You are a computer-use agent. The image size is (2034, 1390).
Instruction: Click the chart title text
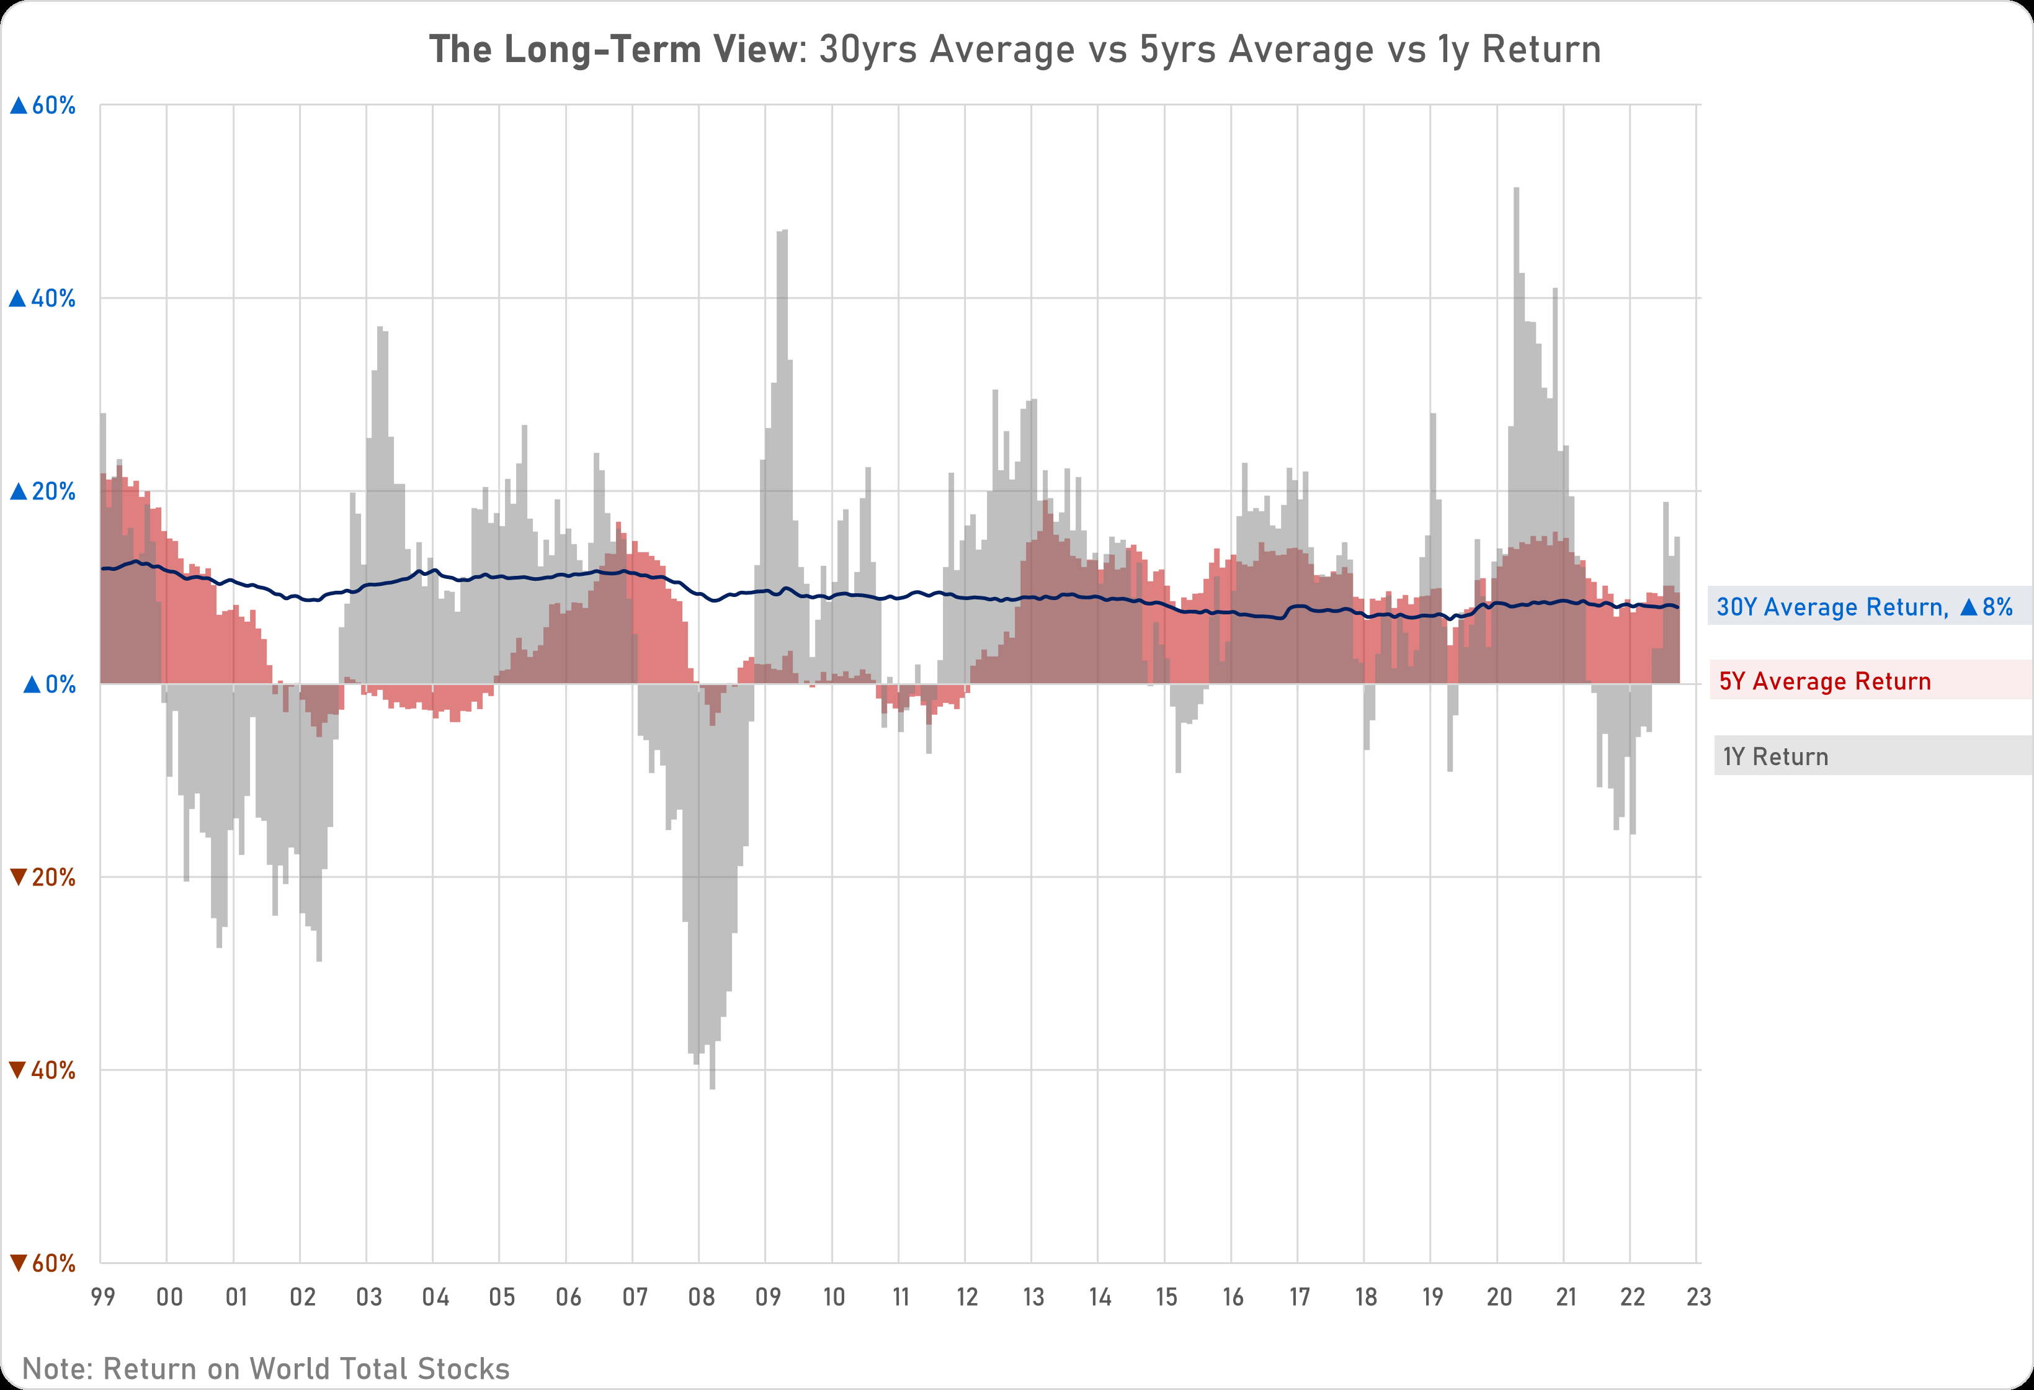tap(1015, 50)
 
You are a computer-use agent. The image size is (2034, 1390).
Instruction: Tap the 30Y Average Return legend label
tap(1864, 607)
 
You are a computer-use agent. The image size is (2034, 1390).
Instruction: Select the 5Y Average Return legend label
tap(1825, 681)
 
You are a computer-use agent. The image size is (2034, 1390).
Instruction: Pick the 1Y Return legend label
tap(1776, 756)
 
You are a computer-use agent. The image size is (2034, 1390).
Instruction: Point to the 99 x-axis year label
tap(103, 1296)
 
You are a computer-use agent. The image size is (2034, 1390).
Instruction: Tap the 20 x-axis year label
tap(1499, 1296)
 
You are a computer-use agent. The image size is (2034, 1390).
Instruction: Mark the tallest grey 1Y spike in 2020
tap(1516, 190)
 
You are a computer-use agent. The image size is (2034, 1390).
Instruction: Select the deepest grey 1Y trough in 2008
tap(712, 1087)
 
